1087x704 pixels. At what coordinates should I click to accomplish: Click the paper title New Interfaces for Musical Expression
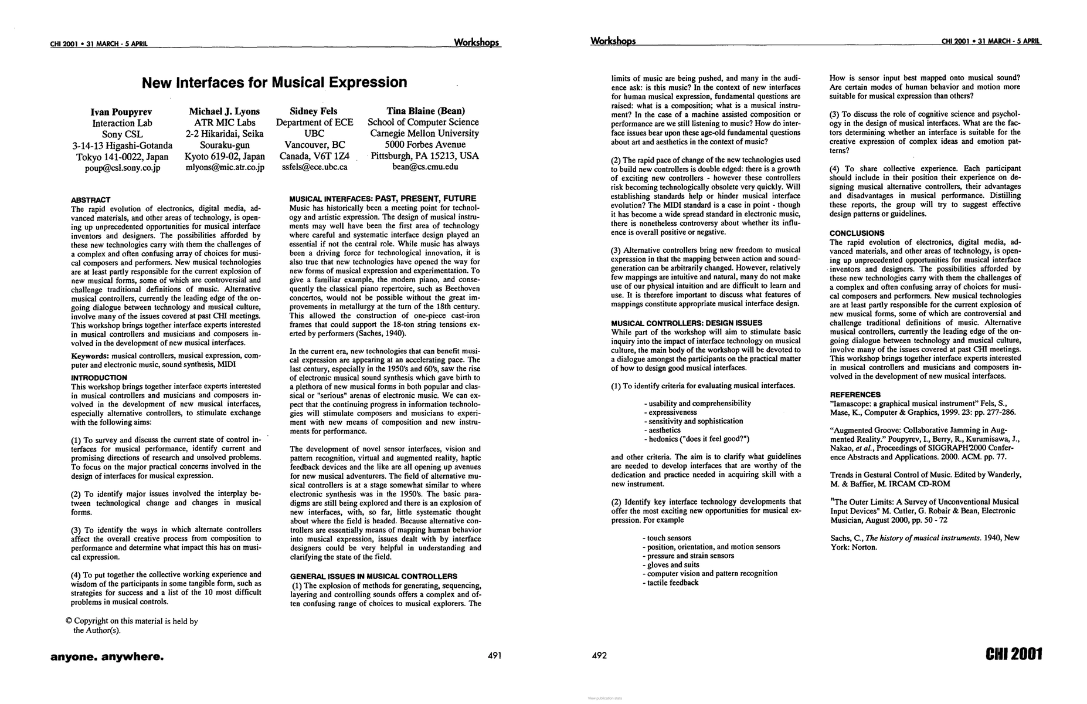pyautogui.click(x=274, y=83)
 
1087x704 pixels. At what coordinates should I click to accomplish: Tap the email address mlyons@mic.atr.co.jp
pyautogui.click(x=225, y=167)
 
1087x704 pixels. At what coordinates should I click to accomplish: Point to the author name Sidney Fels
pyautogui.click(x=314, y=111)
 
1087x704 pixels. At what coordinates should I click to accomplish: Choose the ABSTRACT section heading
pyautogui.click(x=90, y=200)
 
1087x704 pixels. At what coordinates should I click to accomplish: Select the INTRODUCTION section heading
pyautogui.click(x=98, y=378)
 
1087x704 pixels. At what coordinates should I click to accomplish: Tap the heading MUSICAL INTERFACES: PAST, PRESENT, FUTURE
pyautogui.click(x=383, y=199)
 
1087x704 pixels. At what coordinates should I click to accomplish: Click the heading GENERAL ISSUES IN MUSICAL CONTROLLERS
pyautogui.click(x=373, y=577)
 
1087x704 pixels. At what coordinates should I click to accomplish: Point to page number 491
pyautogui.click(x=494, y=656)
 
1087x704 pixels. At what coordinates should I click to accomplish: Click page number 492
pyautogui.click(x=600, y=656)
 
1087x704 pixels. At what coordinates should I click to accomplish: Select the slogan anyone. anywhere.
pyautogui.click(x=107, y=656)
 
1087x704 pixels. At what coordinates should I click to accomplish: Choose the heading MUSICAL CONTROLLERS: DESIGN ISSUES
pyautogui.click(x=687, y=323)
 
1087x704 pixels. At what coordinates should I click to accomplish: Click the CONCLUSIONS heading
pyautogui.click(x=857, y=233)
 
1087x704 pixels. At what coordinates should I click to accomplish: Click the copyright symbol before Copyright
pyautogui.click(x=69, y=621)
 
